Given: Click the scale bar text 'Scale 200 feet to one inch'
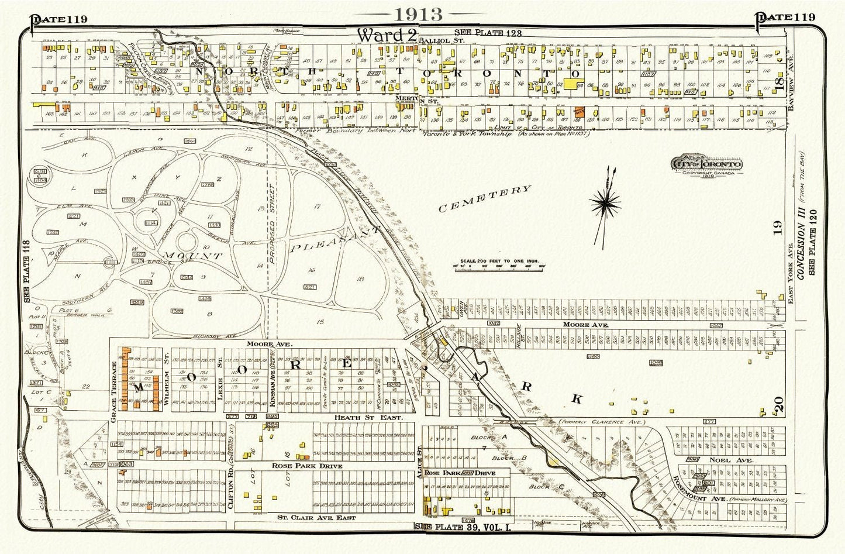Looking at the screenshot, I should tap(498, 261).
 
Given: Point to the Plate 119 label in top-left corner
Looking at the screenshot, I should tap(58, 18).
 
